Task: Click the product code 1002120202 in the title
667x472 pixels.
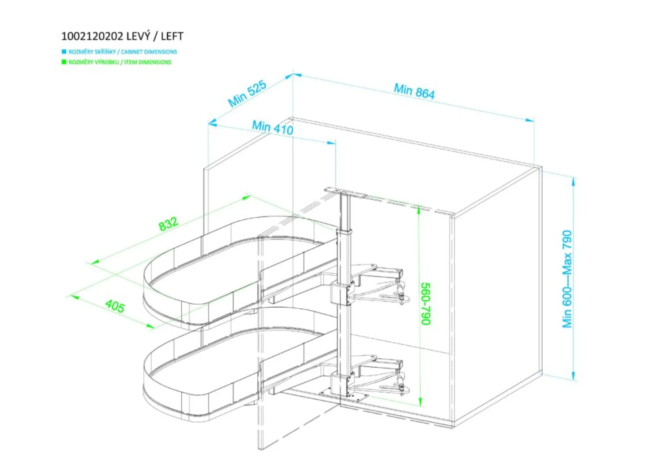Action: click(92, 36)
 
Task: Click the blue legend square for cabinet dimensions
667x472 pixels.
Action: click(64, 52)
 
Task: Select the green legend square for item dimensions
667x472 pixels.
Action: click(64, 62)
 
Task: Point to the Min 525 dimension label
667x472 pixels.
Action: click(247, 93)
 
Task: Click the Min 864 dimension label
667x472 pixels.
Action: click(414, 91)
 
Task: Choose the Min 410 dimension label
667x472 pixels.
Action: click(273, 127)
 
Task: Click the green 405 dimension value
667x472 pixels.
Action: click(115, 306)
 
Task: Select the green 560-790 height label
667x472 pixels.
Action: click(426, 304)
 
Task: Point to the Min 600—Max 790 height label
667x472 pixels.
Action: click(567, 279)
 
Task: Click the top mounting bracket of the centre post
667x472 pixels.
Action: click(346, 193)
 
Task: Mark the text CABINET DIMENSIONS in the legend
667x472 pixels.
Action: click(149, 52)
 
